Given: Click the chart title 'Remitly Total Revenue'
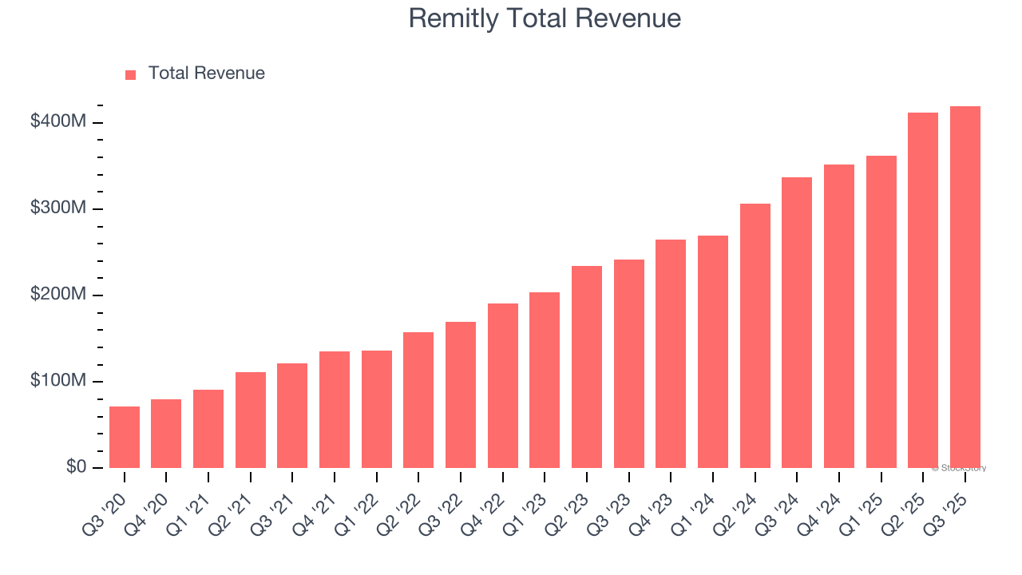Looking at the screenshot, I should (x=545, y=18).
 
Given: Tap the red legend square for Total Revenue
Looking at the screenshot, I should (x=131, y=74).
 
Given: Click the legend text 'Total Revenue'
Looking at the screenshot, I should (x=206, y=73).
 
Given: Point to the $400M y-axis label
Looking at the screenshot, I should (x=58, y=122).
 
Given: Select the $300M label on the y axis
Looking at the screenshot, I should (x=58, y=208).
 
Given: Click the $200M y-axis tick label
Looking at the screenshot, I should (x=58, y=295).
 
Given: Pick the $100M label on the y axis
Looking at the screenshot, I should (x=58, y=381).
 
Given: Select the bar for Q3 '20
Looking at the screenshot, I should (x=125, y=438).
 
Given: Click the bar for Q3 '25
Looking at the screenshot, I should (x=965, y=287).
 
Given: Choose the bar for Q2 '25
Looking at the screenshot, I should (x=923, y=291).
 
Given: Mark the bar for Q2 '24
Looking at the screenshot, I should (x=755, y=336).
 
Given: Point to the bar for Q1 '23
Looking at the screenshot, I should (x=545, y=380).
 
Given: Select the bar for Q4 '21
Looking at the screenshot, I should (x=335, y=410).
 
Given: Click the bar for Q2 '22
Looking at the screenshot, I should (x=418, y=400).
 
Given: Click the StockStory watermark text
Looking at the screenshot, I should (x=958, y=468).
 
